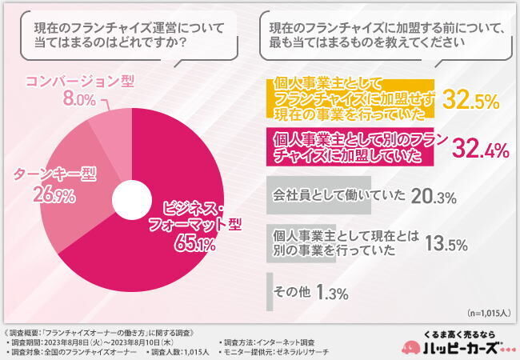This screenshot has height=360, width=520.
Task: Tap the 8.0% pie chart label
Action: click(x=79, y=99)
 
